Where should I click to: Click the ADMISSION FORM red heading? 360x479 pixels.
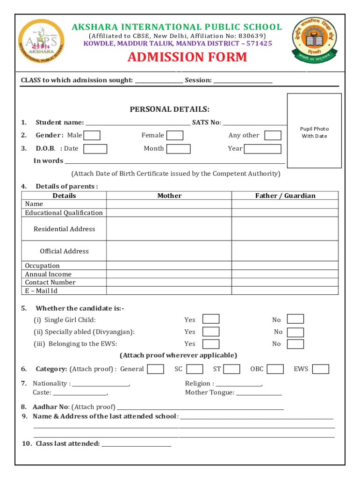click(x=187, y=58)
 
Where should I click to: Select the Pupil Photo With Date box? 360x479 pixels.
click(x=314, y=131)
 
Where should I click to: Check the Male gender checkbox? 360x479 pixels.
click(x=92, y=136)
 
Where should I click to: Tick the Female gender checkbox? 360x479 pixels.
click(x=175, y=136)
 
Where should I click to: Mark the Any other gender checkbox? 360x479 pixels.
click(x=273, y=136)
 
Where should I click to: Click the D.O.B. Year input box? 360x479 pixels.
click(x=263, y=149)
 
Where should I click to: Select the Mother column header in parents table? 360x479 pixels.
click(x=169, y=196)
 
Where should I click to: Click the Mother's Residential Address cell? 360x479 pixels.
click(x=169, y=229)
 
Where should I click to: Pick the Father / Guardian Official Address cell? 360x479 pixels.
click(x=285, y=251)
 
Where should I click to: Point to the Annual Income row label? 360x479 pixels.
click(x=48, y=274)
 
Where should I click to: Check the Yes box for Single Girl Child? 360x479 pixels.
click(x=211, y=319)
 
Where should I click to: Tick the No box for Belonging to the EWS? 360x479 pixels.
click(x=295, y=344)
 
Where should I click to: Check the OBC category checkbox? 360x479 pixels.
click(x=275, y=369)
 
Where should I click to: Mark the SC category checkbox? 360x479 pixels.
click(x=194, y=369)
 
